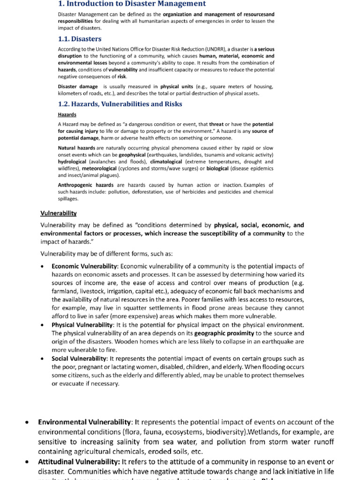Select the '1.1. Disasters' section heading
(79, 39)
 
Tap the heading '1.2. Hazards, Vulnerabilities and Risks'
(120, 104)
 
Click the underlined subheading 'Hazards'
(67, 115)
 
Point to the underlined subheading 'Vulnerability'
(58, 214)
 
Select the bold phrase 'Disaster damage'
(78, 87)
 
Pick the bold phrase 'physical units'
(176, 87)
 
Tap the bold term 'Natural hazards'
(76, 148)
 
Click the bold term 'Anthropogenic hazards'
(85, 185)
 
